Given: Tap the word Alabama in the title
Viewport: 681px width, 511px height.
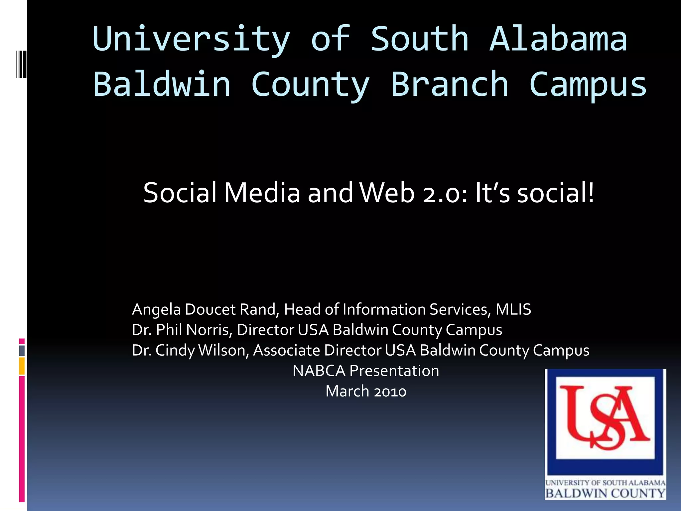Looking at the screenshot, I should tap(558, 39).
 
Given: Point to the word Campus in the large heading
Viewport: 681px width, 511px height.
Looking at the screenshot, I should tap(588, 85).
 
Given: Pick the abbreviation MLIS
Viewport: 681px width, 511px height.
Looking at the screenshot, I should tap(513, 309).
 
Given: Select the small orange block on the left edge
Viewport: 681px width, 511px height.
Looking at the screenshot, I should tap(22, 366).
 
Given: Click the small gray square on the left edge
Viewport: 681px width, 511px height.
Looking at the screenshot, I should tap(22, 350).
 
